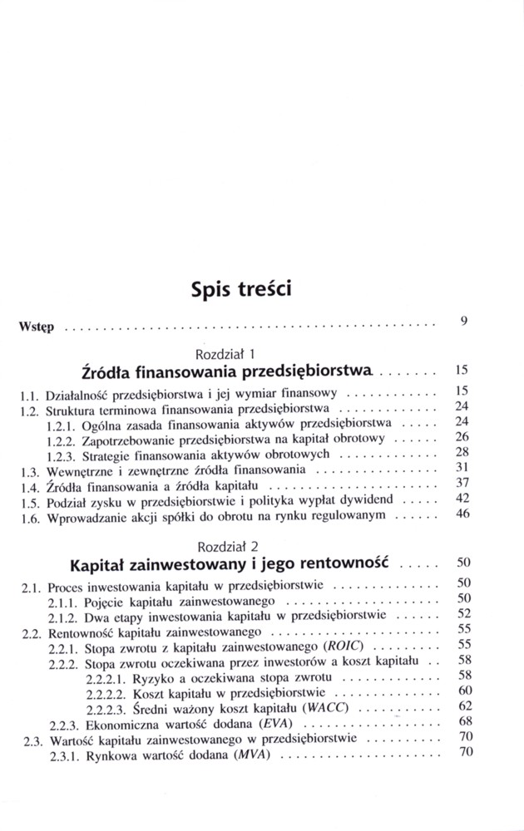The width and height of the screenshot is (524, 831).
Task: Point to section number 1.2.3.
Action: tap(62, 456)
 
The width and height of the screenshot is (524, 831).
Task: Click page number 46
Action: tap(464, 514)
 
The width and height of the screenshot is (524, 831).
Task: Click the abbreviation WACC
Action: tap(325, 707)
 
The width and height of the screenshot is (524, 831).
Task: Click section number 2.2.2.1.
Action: tap(106, 676)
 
